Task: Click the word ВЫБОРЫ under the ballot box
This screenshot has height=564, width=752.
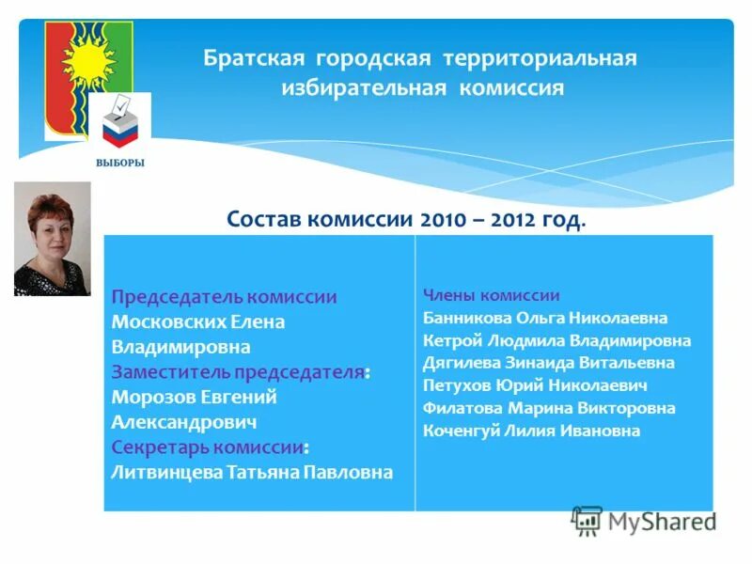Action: (x=119, y=162)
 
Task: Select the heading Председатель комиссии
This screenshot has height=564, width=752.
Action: (x=224, y=297)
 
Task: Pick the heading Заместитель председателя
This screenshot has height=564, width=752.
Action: (x=238, y=372)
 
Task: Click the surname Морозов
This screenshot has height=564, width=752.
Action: (x=154, y=398)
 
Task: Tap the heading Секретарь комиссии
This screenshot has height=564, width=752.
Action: (x=208, y=447)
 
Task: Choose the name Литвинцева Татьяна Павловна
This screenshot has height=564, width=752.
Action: (x=252, y=472)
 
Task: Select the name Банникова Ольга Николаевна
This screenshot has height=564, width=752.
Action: (x=545, y=318)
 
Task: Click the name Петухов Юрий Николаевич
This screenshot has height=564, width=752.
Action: (x=535, y=385)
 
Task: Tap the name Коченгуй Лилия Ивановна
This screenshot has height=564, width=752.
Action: (x=531, y=431)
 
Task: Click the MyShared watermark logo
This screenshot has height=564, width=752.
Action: (x=645, y=521)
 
